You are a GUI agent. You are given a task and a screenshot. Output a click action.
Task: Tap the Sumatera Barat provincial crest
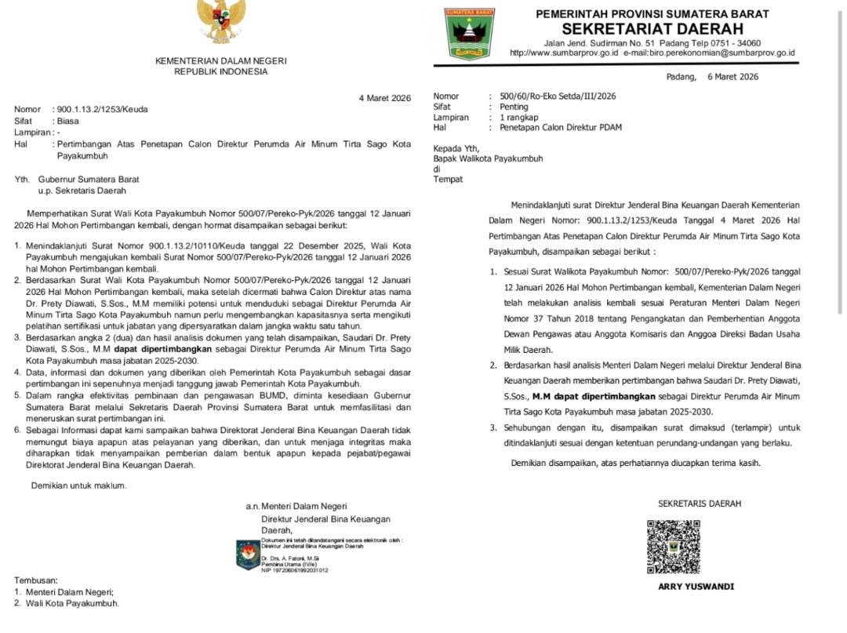click(469, 33)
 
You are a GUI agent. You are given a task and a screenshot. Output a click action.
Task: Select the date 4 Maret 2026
click(385, 98)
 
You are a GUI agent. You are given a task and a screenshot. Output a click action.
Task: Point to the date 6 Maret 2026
click(732, 77)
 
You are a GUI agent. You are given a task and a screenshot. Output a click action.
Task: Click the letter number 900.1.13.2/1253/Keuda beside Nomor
click(102, 110)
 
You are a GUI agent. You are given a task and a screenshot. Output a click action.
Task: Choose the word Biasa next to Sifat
click(68, 122)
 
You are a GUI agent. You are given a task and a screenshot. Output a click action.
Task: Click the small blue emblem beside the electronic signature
click(249, 555)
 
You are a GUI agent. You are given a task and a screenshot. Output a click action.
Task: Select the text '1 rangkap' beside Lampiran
click(510, 117)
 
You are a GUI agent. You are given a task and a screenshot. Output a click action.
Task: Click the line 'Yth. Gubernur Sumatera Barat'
click(77, 179)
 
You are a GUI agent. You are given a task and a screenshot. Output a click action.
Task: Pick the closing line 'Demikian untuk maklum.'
click(78, 486)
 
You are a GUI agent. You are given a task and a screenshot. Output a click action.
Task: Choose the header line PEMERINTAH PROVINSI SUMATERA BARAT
click(652, 13)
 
